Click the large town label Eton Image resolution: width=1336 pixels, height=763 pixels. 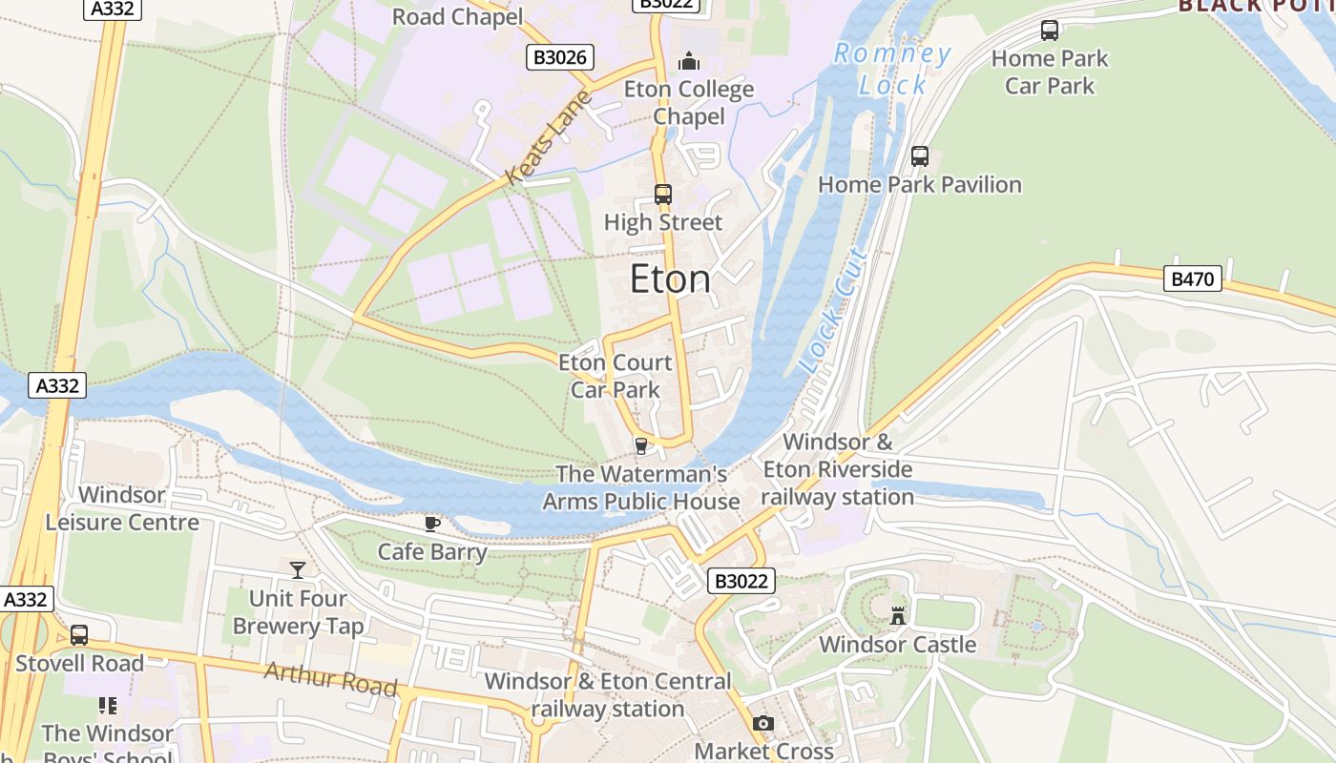(x=670, y=279)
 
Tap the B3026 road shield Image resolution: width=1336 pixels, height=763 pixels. (x=560, y=57)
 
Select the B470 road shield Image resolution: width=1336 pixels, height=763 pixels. (x=1193, y=278)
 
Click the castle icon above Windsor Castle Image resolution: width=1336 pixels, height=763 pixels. (x=897, y=615)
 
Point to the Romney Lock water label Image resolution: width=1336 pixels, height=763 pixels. (x=892, y=70)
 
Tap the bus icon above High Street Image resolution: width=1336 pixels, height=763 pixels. (x=663, y=195)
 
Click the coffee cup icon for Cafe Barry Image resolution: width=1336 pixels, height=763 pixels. (x=432, y=524)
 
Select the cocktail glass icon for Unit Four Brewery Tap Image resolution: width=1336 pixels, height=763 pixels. (x=298, y=570)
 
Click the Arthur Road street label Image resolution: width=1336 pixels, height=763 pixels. (x=330, y=678)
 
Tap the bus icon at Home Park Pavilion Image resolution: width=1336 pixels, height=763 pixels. (x=920, y=156)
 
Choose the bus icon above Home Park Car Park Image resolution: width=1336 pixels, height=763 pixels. (x=1050, y=31)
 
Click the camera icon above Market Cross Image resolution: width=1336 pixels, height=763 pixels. (x=762, y=724)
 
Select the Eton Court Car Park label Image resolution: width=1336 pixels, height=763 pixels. (x=615, y=376)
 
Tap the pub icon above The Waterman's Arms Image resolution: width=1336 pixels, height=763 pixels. (x=641, y=445)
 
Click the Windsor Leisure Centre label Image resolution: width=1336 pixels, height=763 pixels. (x=122, y=508)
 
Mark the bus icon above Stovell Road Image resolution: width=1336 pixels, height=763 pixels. (x=79, y=635)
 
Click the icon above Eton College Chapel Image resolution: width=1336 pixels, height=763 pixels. (x=689, y=62)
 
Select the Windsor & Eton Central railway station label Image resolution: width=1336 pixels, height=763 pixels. (x=607, y=694)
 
